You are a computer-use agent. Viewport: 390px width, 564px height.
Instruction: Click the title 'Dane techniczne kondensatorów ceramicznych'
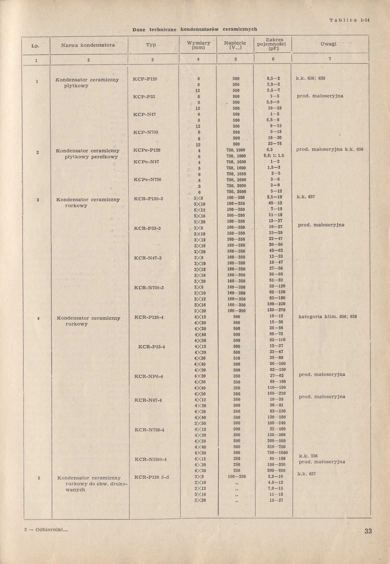click(195, 29)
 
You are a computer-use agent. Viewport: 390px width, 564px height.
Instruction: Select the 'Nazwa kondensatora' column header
click(88, 45)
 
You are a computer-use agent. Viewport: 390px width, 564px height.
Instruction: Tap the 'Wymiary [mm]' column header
click(198, 45)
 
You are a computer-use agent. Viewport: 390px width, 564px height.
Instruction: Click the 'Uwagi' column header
click(328, 44)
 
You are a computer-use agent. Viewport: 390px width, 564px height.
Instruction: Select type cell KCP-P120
click(145, 79)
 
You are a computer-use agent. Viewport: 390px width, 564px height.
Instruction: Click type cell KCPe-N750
click(147, 180)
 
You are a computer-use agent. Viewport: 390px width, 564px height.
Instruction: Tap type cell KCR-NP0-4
click(148, 376)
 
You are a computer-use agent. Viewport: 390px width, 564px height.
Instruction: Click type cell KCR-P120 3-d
click(151, 477)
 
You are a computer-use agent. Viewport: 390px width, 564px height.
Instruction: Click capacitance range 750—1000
click(277, 452)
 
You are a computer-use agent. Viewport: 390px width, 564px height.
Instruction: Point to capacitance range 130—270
click(276, 310)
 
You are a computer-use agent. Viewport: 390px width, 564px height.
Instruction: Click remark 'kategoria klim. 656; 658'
click(327, 316)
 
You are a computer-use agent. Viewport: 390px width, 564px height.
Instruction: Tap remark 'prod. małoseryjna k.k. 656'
click(329, 150)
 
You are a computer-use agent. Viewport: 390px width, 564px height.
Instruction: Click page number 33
click(368, 531)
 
